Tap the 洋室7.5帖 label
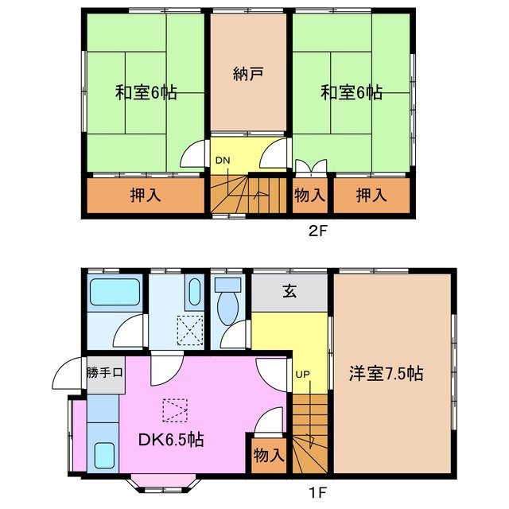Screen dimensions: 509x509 385,373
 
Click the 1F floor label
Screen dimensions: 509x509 317,492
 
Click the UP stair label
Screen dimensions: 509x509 302,374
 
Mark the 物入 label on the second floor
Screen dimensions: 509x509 310,194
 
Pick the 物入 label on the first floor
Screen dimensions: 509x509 269,456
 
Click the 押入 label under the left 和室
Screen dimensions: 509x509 146,194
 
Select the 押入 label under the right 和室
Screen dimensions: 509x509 371,194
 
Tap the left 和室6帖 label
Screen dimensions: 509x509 146,92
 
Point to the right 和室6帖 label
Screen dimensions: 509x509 352,92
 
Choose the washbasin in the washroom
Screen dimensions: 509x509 194,292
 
